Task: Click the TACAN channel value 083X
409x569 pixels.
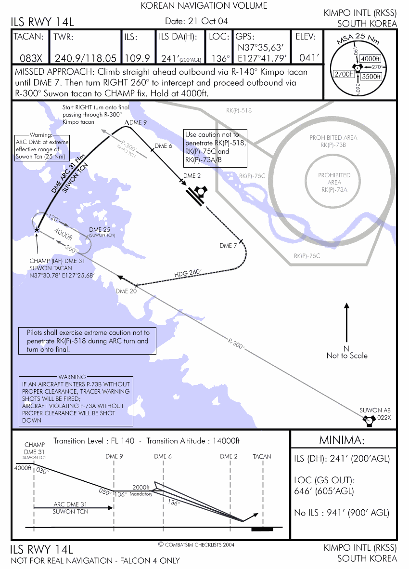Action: click(31, 58)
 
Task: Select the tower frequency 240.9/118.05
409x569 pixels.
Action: click(86, 58)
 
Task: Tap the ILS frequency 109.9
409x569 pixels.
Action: click(137, 58)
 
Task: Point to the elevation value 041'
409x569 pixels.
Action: click(309, 58)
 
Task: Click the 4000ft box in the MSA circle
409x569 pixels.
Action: click(370, 59)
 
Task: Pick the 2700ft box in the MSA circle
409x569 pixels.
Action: click(344, 74)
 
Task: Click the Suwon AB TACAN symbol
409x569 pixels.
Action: click(370, 421)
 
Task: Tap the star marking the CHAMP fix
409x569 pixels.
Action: click(37, 229)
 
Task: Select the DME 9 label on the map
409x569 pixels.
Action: click(136, 123)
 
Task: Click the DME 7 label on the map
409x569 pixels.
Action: click(228, 246)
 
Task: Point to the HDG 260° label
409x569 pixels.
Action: click(188, 273)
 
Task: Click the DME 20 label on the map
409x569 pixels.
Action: click(126, 291)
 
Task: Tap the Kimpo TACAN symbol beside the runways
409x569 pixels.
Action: click(200, 192)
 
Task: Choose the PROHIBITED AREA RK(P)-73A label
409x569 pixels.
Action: click(334, 182)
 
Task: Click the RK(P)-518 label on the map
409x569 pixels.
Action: click(239, 110)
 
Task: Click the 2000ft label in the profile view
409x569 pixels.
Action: click(141, 488)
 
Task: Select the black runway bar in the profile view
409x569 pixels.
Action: click(262, 529)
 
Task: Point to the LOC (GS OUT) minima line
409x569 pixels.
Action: click(324, 486)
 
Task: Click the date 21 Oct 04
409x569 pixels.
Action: click(196, 21)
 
